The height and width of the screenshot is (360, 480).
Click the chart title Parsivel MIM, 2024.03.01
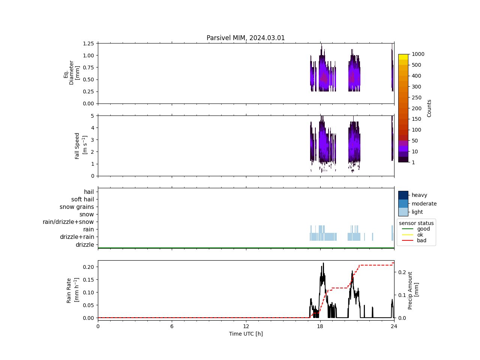246,38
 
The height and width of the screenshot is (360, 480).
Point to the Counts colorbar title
429,108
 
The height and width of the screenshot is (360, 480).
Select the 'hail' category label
89,192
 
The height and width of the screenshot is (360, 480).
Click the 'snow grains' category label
76,207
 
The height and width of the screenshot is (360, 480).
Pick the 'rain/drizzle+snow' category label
68,222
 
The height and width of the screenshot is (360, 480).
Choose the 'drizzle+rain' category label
77,237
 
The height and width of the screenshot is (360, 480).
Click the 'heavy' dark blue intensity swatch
403,195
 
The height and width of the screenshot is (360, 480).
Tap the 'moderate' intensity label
424,204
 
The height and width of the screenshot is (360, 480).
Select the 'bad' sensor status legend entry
421,240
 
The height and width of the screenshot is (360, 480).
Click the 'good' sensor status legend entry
423,229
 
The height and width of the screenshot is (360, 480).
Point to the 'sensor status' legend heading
416,223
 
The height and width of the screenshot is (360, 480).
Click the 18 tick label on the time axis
320,326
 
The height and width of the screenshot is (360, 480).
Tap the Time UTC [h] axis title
246,334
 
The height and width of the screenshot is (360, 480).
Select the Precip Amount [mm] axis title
413,290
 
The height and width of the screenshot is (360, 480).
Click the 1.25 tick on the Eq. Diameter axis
88,43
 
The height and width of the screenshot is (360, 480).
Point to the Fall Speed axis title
80,145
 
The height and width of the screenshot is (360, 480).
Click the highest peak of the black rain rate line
323,263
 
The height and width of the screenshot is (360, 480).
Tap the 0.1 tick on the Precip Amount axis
402,295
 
